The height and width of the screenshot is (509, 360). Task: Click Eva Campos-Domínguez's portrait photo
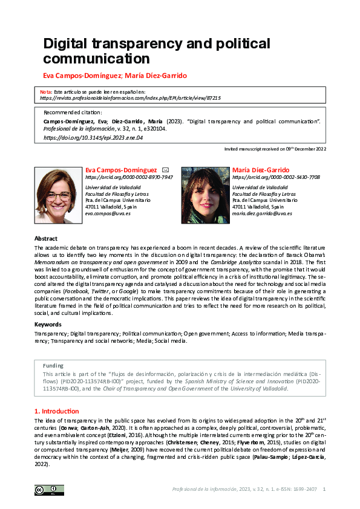59,195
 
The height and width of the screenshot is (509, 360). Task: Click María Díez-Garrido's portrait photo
205,195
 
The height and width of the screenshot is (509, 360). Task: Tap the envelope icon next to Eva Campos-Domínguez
166,170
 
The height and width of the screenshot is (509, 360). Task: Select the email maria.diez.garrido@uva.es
262,213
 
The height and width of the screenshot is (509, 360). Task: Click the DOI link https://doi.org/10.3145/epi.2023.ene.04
93,138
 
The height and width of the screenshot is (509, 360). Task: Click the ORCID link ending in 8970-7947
129,178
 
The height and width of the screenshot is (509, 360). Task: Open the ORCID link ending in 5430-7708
276,178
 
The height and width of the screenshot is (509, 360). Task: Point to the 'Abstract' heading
46,239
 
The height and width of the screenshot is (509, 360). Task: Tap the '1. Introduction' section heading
56,411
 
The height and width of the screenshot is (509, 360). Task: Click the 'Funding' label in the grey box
53,366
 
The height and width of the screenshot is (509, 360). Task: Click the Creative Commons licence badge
49,490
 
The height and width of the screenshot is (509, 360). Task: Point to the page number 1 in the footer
325,489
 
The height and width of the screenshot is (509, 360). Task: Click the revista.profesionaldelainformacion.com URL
130,97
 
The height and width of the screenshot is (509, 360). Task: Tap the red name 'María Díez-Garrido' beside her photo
261,170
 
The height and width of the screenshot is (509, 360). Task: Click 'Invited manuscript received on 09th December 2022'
275,149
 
